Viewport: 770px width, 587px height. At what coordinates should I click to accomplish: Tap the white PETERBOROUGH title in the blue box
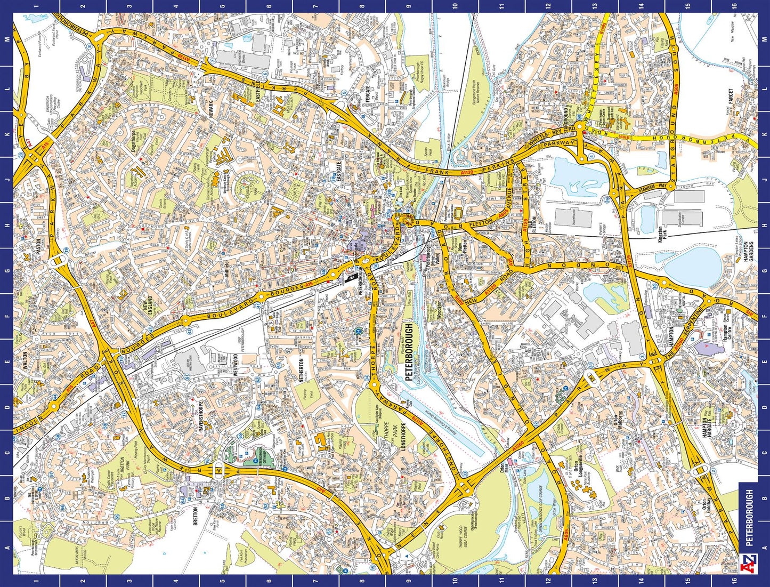click(749, 518)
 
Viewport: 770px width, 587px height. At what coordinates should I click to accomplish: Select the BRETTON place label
click(196, 516)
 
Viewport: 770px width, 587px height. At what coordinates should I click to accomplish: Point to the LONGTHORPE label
click(404, 437)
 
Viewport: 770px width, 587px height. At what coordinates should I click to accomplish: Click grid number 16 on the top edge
click(734, 6)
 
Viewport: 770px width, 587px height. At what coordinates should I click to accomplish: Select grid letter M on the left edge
click(6, 40)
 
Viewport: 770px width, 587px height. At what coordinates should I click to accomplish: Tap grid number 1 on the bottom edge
click(36, 581)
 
